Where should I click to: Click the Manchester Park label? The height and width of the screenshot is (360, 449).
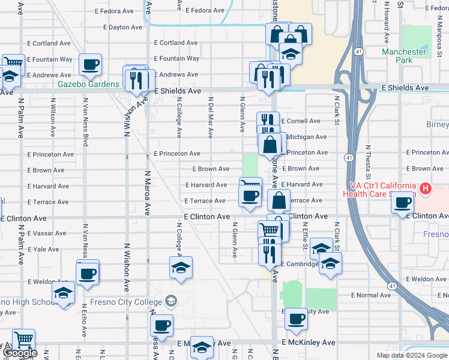pyautogui.click(x=405, y=56)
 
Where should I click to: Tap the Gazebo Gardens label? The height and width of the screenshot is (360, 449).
pyautogui.click(x=88, y=84)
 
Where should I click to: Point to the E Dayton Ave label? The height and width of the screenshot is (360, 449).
pyautogui.click(x=122, y=28)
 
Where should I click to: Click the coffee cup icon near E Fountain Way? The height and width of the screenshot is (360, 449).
pyautogui.click(x=90, y=64)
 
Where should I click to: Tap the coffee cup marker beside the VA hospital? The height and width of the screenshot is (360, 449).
pyautogui.click(x=403, y=203)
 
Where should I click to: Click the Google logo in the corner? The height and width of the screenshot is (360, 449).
pyautogui.click(x=19, y=353)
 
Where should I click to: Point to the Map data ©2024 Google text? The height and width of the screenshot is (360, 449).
pyautogui.click(x=412, y=355)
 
